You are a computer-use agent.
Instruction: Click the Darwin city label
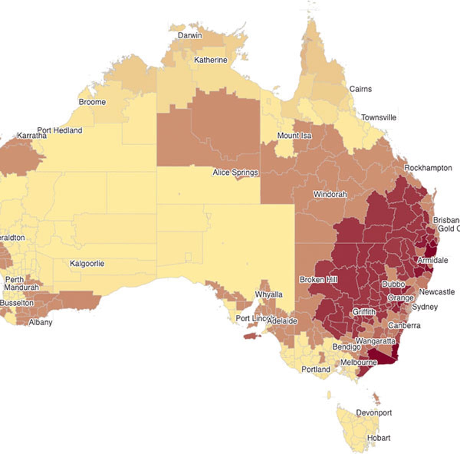click(190, 36)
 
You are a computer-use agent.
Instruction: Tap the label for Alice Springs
click(235, 172)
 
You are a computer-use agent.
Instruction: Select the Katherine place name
click(210, 60)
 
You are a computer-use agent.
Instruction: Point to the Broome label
click(92, 102)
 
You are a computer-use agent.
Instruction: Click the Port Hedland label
click(60, 130)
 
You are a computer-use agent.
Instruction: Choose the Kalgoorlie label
click(87, 264)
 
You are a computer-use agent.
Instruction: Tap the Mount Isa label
click(294, 136)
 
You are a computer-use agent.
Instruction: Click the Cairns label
click(360, 89)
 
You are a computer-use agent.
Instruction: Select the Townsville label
click(379, 117)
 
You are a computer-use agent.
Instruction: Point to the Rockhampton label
click(428, 168)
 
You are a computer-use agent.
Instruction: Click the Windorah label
click(330, 194)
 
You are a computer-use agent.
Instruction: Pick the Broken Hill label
click(319, 279)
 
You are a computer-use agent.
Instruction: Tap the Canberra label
click(404, 325)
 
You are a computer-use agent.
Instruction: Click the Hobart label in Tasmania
click(379, 438)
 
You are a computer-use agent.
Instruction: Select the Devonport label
click(374, 413)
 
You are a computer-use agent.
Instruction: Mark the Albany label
click(41, 322)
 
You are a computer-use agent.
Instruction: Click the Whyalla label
click(269, 294)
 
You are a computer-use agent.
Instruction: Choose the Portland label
click(315, 370)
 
